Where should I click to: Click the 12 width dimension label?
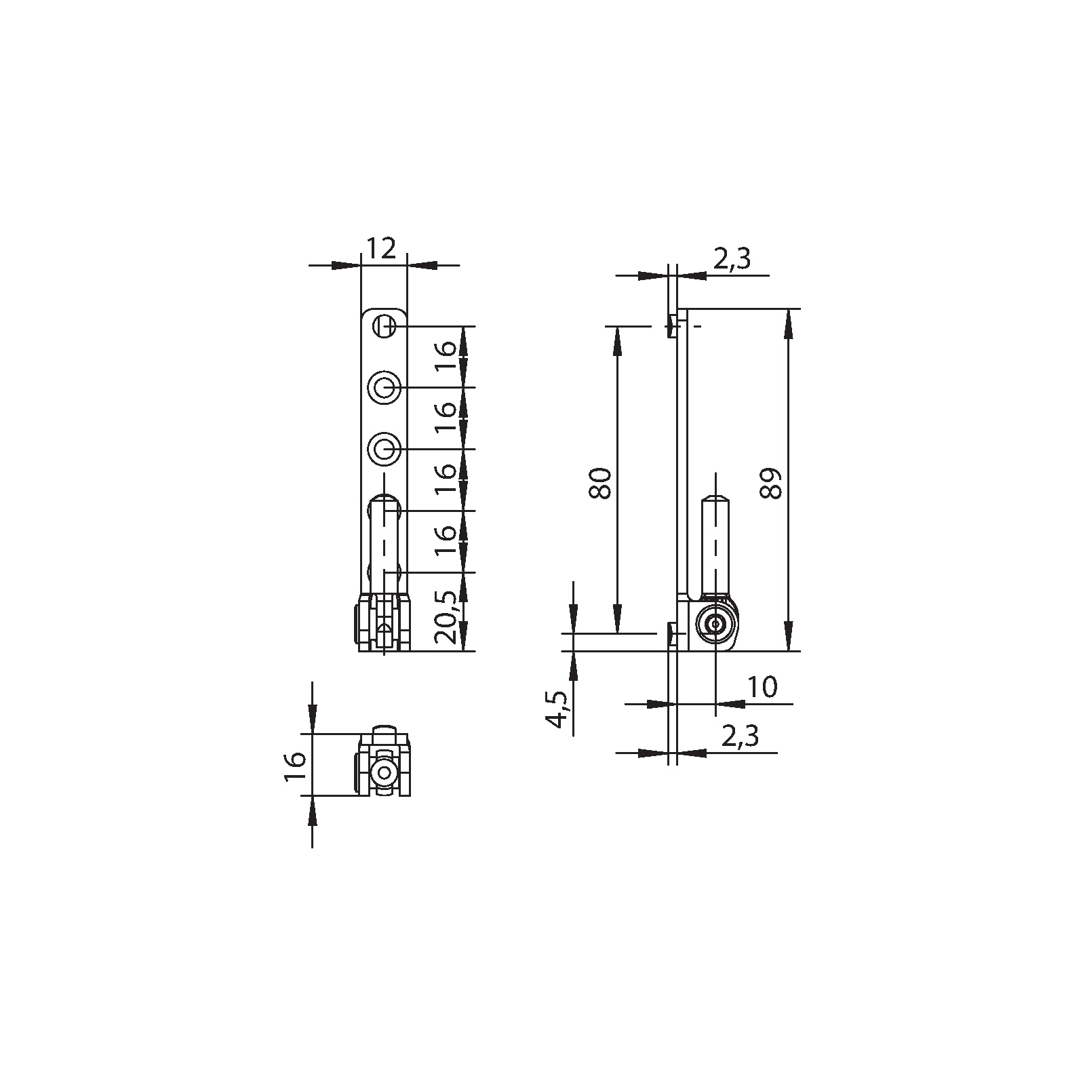pos(381,249)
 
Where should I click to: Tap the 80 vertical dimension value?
pos(601,483)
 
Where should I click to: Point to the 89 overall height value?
pos(771,483)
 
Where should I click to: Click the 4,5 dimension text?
pos(558,709)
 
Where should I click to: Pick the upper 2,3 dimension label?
pos(732,259)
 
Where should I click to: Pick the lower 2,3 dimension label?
pos(739,736)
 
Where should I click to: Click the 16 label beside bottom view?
pos(296,766)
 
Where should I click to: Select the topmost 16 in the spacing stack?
pos(446,356)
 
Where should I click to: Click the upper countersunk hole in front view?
pos(384,388)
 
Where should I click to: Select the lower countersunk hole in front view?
pos(384,449)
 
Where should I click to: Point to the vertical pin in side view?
pos(715,542)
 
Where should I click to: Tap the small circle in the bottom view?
pos(384,772)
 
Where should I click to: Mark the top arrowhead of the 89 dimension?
pos(788,323)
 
